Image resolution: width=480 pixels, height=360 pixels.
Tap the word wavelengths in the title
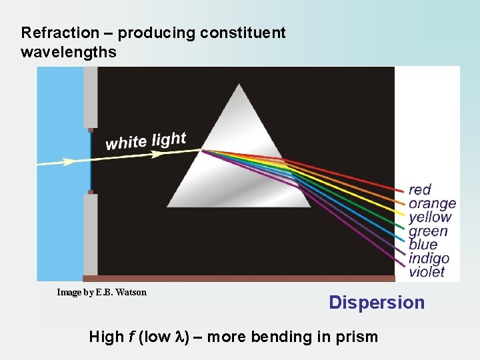[69, 51]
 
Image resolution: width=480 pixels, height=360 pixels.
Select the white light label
[146, 141]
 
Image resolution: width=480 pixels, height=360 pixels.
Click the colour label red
[420, 190]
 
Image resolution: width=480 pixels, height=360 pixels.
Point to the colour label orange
[432, 203]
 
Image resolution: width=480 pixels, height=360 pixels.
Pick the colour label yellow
[430, 217]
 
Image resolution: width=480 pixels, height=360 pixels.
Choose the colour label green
[428, 231]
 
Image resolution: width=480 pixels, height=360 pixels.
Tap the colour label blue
[423, 245]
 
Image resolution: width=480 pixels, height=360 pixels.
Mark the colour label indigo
[429, 258]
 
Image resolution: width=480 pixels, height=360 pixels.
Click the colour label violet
[427, 272]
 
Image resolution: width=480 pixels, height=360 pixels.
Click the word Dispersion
[377, 303]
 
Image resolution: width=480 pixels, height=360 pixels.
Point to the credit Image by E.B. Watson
[102, 292]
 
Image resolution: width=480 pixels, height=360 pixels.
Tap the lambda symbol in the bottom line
[187, 337]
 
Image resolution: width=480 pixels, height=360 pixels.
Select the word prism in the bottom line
[358, 337]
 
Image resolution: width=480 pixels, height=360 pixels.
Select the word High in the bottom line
[106, 337]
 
